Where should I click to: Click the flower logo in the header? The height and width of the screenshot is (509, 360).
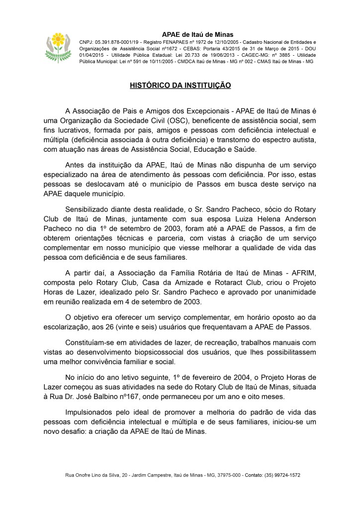59,46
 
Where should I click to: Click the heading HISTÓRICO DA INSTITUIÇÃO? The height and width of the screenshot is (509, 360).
180,86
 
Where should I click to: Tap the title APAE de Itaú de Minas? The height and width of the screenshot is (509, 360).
198,34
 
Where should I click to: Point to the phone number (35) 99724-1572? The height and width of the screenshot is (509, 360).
282,475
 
